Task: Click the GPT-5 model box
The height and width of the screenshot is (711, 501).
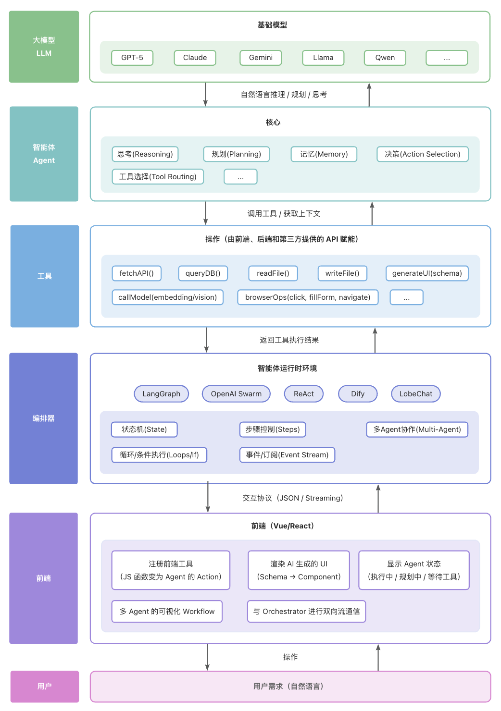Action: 132,58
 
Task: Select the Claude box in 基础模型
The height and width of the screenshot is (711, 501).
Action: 195,58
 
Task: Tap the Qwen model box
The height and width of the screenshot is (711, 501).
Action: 385,58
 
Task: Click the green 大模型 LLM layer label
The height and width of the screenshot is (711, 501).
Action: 44,47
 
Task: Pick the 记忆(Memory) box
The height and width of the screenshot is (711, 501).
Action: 324,154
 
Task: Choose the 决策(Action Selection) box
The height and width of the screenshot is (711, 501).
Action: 422,154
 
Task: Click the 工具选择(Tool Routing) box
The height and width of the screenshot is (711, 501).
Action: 158,177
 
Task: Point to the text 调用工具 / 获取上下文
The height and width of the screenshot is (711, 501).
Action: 284,214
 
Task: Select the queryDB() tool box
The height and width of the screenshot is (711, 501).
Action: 203,273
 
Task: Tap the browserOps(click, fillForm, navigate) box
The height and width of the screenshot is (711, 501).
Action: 308,297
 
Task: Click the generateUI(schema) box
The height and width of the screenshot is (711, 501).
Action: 427,273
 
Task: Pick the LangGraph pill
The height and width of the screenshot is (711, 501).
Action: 161,394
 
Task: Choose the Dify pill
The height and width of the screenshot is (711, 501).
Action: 358,394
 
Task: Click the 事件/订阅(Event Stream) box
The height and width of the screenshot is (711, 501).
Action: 287,455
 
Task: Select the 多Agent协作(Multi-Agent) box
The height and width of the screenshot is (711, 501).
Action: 417,429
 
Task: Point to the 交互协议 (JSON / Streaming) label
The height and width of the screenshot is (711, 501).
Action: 293,498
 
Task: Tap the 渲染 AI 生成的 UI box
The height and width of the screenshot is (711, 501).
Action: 299,570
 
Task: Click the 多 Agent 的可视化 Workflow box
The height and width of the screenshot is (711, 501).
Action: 167,612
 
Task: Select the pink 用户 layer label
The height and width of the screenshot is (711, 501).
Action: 44,686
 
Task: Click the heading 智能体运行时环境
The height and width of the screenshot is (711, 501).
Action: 287,368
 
